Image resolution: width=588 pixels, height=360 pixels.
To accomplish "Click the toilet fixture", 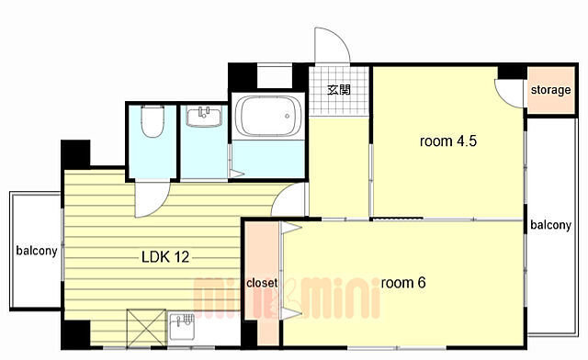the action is (153, 121).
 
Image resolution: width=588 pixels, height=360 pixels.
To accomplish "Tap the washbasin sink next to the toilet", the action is (204, 118).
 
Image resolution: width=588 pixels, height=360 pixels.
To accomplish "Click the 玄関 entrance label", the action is (339, 90).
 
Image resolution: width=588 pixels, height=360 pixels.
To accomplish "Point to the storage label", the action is (550, 90).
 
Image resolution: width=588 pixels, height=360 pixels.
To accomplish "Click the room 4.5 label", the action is (448, 141).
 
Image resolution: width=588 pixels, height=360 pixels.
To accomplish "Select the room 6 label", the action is (403, 283).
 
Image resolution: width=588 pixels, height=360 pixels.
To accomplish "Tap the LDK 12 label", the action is (165, 257).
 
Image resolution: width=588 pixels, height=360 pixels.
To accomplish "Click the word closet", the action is (262, 283).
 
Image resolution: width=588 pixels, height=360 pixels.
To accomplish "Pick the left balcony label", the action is (37, 251).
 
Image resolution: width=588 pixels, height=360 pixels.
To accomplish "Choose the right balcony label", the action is (550, 225).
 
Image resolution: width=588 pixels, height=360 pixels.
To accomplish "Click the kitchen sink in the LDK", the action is (182, 326).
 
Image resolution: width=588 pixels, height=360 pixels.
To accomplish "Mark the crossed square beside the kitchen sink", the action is (146, 328).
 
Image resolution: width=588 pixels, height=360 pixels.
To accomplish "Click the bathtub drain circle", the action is (288, 117).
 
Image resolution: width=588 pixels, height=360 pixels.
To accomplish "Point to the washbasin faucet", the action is (204, 111).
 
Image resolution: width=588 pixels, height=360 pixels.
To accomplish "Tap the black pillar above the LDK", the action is (75, 154).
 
